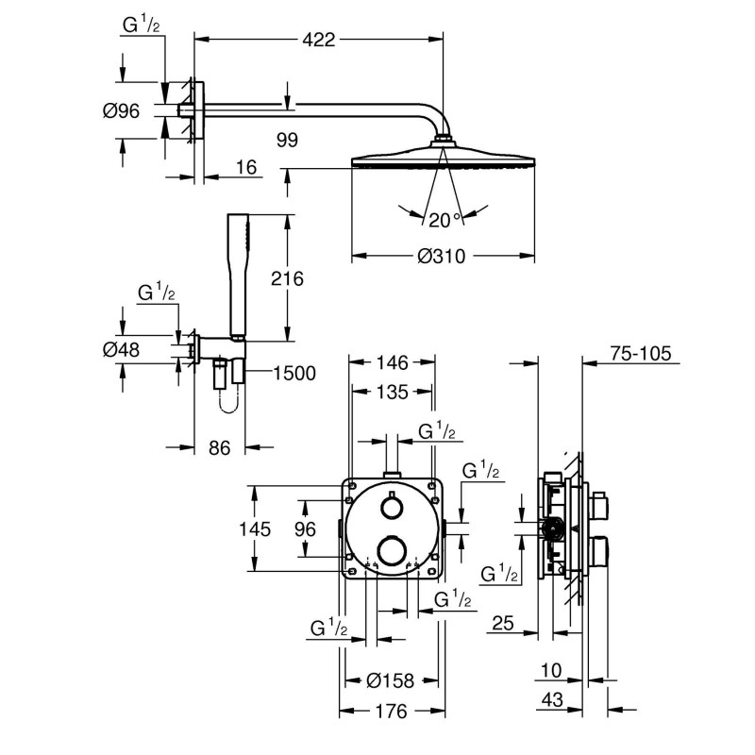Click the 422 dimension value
(319, 40)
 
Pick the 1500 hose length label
(293, 373)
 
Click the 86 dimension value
(219, 448)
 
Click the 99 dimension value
(288, 140)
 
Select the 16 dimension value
(246, 167)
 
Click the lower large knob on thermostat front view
(389, 549)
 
